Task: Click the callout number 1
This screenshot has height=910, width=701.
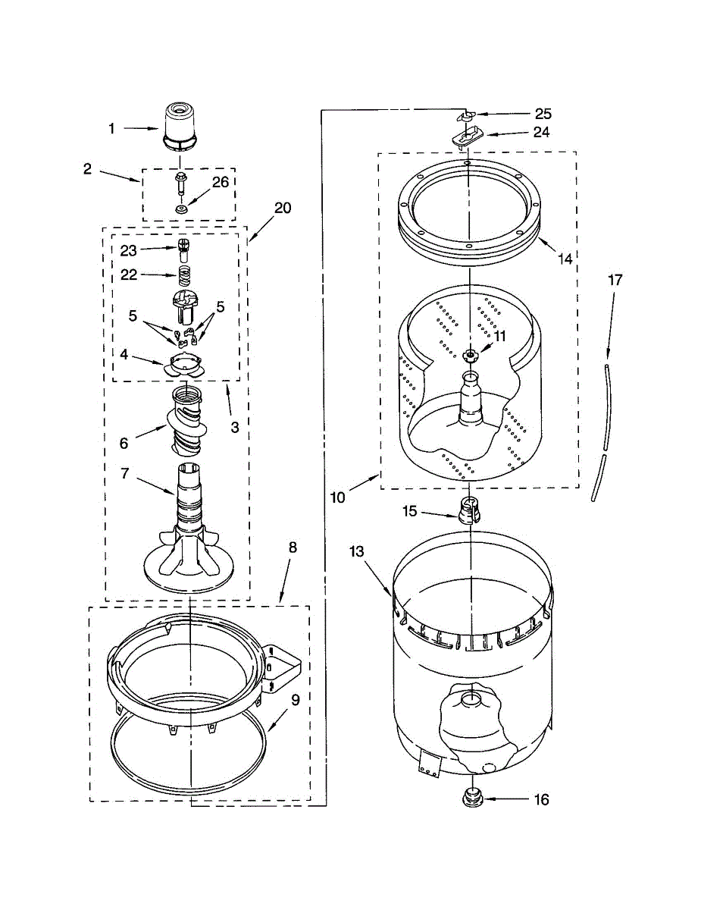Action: point(111,129)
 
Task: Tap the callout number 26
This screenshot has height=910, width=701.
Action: point(220,182)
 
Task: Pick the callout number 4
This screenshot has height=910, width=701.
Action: point(123,353)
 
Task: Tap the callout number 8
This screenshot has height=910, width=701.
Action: point(293,547)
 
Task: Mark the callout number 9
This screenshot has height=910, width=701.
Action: point(296,700)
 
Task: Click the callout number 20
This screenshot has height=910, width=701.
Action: point(283,207)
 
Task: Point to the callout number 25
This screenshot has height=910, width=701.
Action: point(543,114)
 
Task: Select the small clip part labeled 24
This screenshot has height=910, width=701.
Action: point(467,137)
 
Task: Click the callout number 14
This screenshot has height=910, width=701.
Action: point(565,258)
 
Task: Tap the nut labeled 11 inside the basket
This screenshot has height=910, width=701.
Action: point(471,353)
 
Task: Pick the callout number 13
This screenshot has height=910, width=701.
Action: point(357,551)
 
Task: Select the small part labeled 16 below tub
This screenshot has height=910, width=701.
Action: point(472,798)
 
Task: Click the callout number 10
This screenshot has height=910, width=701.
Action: point(338,497)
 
